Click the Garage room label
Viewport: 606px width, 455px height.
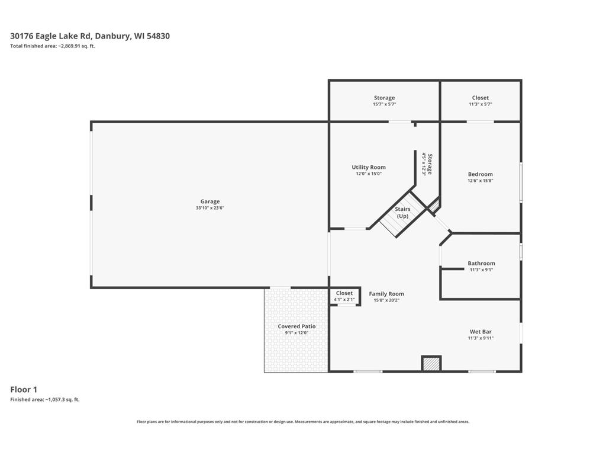point(210,201)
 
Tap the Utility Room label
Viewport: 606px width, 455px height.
point(369,167)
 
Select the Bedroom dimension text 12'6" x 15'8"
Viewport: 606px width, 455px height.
point(481,180)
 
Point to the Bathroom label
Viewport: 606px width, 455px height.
point(481,263)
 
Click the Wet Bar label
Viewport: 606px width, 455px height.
point(481,332)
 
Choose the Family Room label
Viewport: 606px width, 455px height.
point(386,294)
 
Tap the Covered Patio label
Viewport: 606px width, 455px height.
point(297,326)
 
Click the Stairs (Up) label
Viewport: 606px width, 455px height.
point(402,213)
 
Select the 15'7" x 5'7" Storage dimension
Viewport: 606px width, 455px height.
point(384,104)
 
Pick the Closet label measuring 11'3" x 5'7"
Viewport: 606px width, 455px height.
point(481,98)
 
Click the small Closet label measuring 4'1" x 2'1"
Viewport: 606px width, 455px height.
point(344,293)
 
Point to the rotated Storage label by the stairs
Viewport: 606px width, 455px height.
point(430,165)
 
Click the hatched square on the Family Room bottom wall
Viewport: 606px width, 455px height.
point(431,364)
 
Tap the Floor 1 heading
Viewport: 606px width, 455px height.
point(24,389)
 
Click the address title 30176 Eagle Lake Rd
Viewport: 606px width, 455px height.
point(51,36)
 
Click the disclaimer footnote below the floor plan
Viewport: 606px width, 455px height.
point(303,422)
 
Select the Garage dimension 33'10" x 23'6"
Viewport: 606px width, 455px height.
point(210,208)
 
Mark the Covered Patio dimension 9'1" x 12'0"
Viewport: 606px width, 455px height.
point(297,333)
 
